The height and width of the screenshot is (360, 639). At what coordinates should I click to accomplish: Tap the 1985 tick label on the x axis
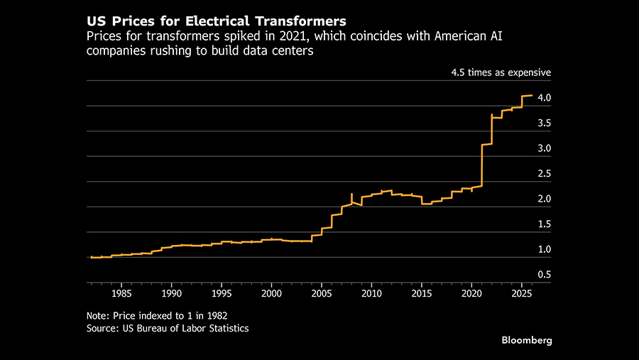(x=121, y=293)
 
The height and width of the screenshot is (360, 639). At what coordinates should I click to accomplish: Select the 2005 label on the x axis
(x=322, y=293)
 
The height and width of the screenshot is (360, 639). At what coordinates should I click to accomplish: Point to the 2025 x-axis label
(x=522, y=293)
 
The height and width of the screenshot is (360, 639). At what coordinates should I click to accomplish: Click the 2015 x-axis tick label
(x=422, y=293)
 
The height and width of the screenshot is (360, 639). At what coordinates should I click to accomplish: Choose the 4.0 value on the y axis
(x=544, y=98)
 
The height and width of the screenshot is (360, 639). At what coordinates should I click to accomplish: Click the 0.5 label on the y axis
(x=544, y=275)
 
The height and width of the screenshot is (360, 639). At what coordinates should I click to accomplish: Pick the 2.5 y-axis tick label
(x=544, y=174)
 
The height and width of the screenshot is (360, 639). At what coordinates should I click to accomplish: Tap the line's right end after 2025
(x=532, y=95)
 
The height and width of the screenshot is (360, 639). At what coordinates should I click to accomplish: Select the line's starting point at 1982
(x=92, y=257)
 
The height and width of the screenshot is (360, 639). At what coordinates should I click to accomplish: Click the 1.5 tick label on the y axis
(x=544, y=224)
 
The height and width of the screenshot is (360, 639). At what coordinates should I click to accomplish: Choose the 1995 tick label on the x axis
(x=222, y=293)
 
